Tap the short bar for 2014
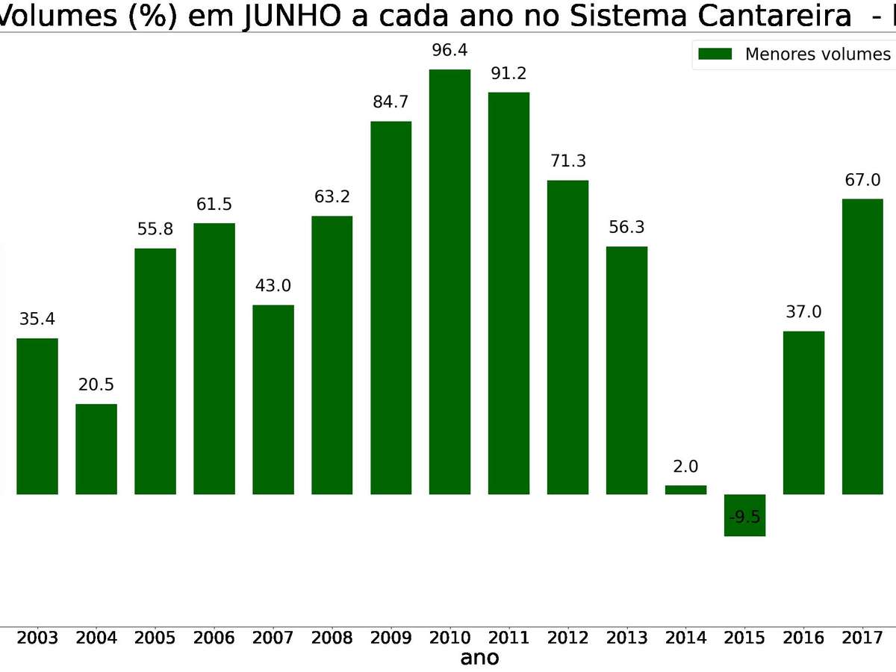[x=685, y=490]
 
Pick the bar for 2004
[x=96, y=449]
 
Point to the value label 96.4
[x=449, y=50]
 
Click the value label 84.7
[x=391, y=102]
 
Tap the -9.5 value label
[x=744, y=517]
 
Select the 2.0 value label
[x=685, y=467]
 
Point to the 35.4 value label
[x=37, y=319]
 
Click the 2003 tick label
[x=37, y=638]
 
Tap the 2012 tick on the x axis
[x=567, y=638]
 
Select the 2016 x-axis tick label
[x=803, y=638]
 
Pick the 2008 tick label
[x=332, y=638]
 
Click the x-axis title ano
[x=479, y=658]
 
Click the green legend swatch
[x=715, y=54]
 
